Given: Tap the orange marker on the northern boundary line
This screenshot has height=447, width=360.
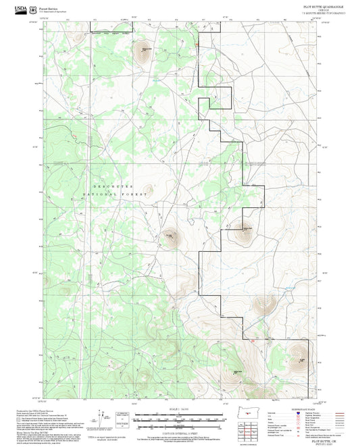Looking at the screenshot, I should pyautogui.click(x=197, y=45).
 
